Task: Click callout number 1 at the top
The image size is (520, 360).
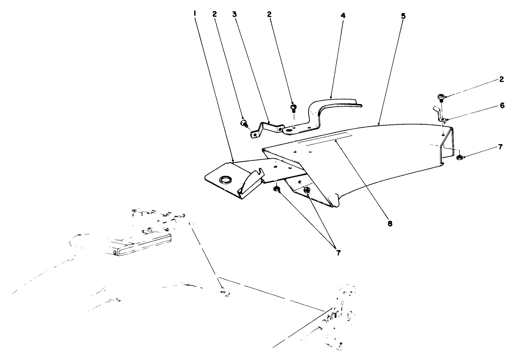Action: [194, 14]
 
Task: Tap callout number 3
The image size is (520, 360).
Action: [235, 14]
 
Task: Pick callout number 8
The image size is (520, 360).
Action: [390, 224]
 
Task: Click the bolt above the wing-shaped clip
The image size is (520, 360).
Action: [441, 98]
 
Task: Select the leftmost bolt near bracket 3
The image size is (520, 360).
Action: [243, 123]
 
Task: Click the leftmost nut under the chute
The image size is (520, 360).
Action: [277, 189]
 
